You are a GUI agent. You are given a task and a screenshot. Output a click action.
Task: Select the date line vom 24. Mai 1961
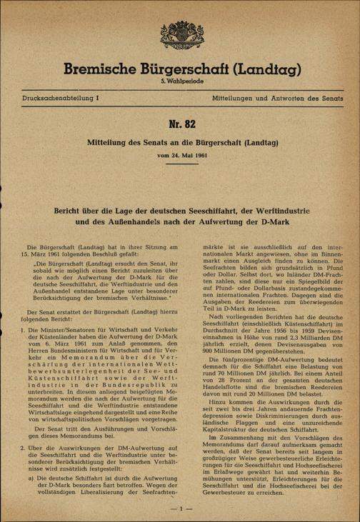click(x=179, y=156)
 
